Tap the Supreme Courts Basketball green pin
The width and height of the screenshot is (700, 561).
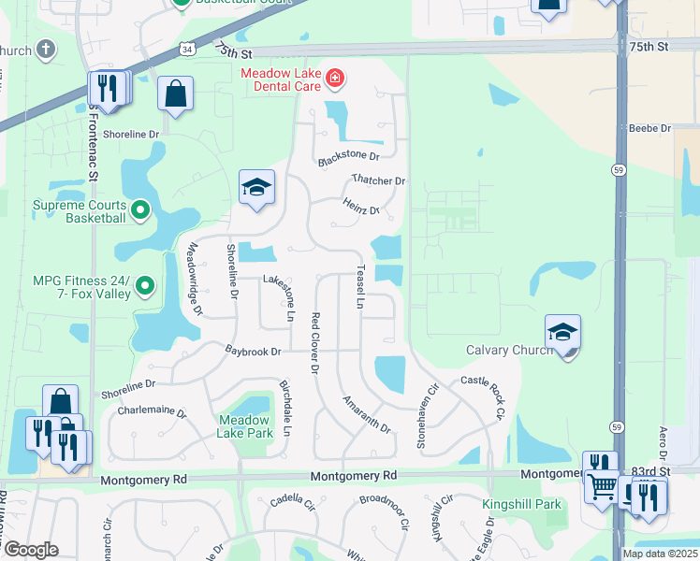(140, 209)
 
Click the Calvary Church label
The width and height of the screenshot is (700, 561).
(510, 351)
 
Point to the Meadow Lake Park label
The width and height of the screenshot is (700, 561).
(244, 426)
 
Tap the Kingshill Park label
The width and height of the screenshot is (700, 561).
(522, 505)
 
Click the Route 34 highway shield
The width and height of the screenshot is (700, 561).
(190, 48)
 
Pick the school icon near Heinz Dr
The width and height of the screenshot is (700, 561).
(256, 187)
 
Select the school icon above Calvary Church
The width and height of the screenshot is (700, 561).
(562, 332)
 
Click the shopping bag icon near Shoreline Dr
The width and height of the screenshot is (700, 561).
(175, 93)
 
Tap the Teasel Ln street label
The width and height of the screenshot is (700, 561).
(360, 287)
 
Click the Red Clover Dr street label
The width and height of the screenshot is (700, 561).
(315, 343)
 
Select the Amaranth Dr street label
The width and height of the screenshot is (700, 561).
(366, 412)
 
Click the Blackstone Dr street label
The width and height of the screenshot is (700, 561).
(348, 157)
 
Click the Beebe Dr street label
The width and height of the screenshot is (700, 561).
(650, 128)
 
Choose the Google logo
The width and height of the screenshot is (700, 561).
(31, 550)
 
